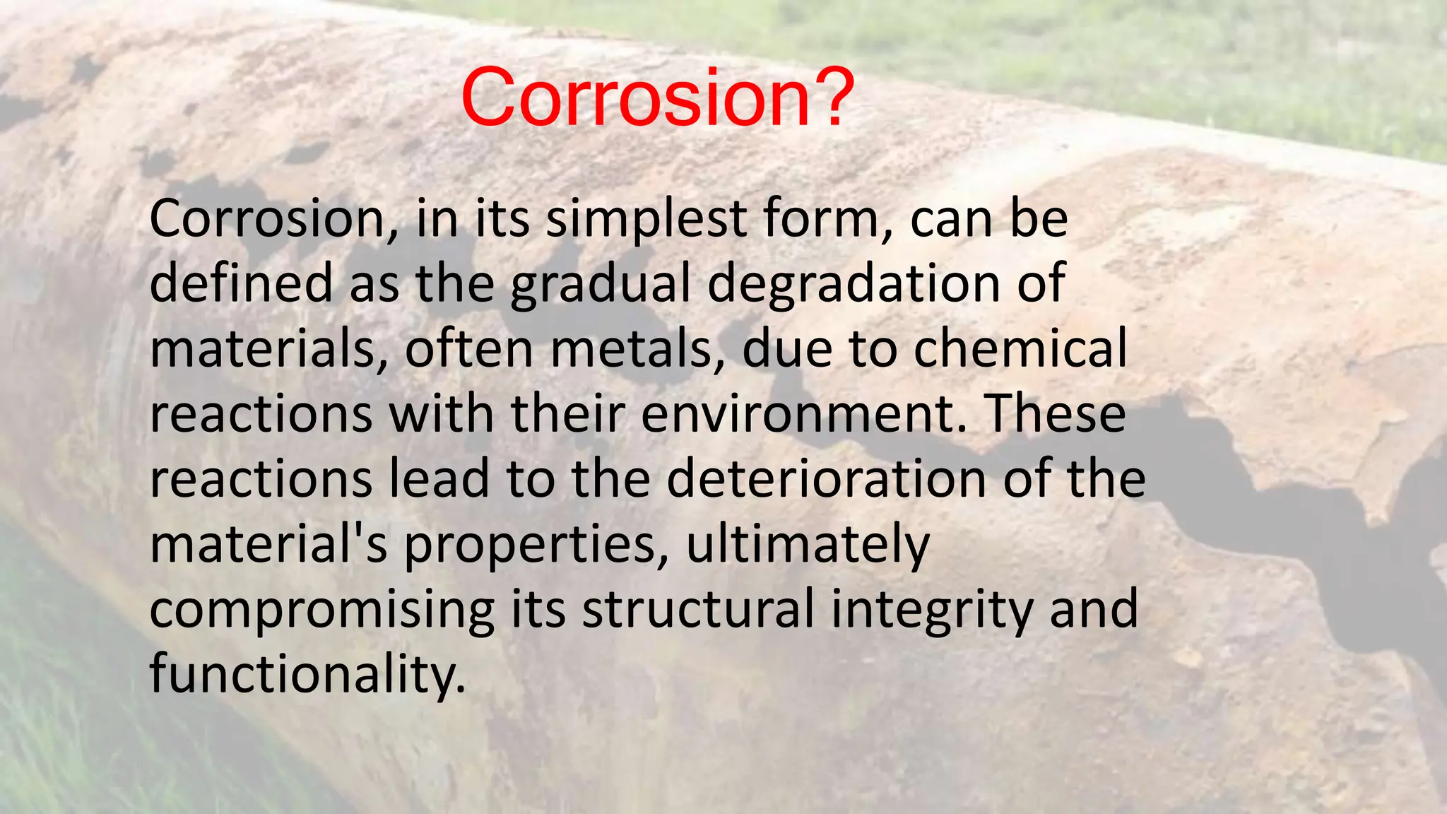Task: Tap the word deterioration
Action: tap(826, 479)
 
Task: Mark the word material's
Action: tap(268, 544)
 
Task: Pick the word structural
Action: tap(698, 609)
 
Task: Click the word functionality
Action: tap(307, 674)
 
